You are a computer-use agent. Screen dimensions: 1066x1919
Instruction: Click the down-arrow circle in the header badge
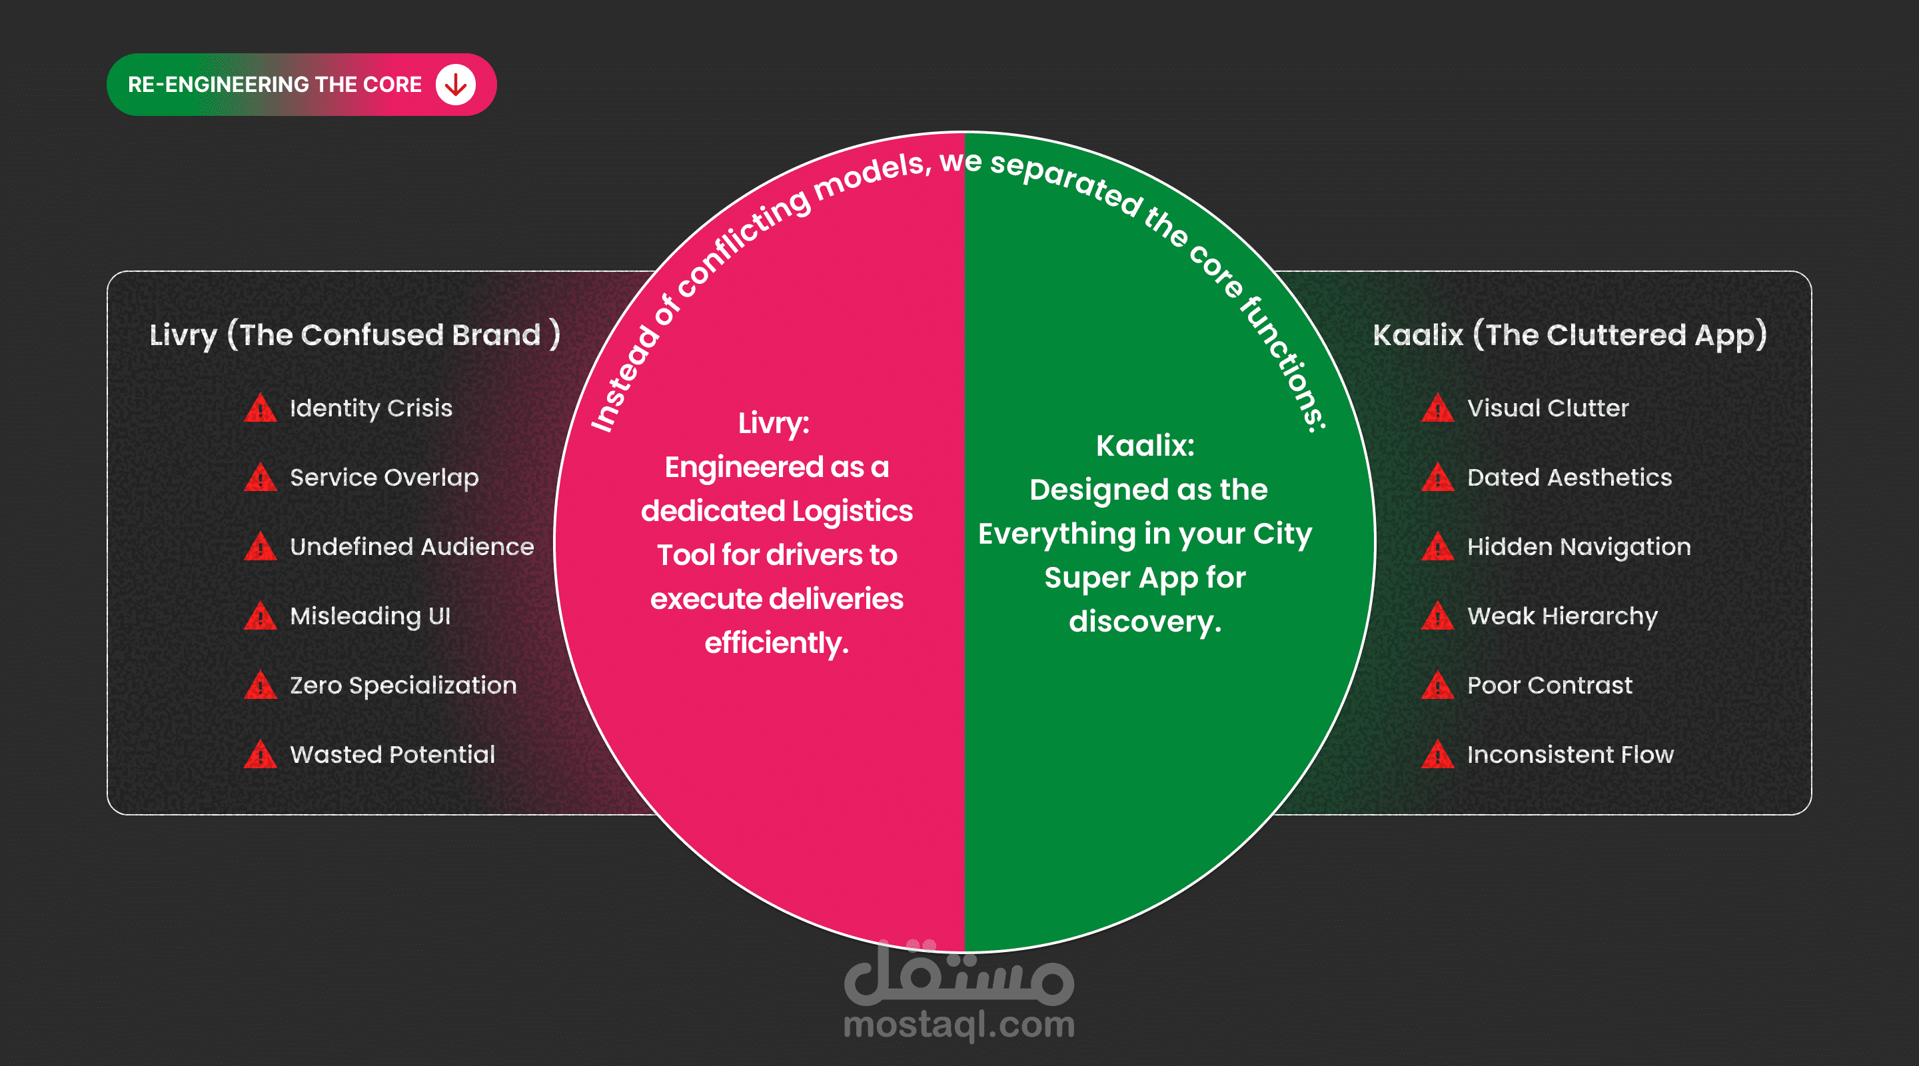tap(455, 85)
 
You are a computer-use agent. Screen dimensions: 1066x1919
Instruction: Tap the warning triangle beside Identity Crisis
tap(260, 409)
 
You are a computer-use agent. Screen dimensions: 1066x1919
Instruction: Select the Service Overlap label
tap(384, 478)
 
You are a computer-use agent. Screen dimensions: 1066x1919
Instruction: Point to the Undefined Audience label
tap(411, 547)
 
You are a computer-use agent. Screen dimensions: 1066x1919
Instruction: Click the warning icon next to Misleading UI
tap(260, 617)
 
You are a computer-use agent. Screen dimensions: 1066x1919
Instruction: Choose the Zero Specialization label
tap(402, 686)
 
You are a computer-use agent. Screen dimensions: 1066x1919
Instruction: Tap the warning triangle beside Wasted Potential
tap(260, 756)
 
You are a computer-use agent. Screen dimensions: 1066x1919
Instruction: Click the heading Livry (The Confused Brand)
tap(354, 335)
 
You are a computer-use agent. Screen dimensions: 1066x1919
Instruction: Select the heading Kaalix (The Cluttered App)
tap(1569, 335)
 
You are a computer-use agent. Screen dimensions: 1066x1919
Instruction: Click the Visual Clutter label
tap(1547, 408)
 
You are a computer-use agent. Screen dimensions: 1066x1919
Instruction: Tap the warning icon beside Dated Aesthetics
tap(1437, 478)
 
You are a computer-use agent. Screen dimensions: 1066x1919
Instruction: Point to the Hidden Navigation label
tap(1579, 547)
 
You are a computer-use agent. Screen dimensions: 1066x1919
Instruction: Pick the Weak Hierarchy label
tap(1561, 616)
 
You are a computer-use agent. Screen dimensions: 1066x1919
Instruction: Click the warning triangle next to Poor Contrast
tap(1437, 686)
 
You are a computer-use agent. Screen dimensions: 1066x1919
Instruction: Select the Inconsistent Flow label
tap(1570, 755)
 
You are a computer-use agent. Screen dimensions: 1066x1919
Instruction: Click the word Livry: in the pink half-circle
tap(773, 423)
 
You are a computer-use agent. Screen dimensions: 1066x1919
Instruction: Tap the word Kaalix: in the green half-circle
tap(1145, 446)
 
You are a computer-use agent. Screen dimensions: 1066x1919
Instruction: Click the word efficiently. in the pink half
tap(776, 643)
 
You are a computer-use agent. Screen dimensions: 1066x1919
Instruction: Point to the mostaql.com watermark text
tap(959, 1025)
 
